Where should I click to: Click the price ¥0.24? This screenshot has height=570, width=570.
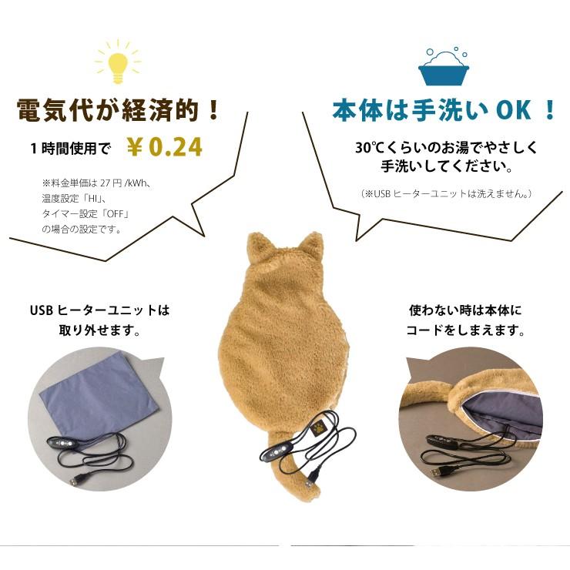tap(164, 146)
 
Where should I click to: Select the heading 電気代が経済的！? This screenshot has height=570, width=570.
tap(118, 110)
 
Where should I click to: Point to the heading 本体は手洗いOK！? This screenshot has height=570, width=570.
tap(444, 110)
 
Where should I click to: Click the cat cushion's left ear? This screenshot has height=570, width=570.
tap(258, 246)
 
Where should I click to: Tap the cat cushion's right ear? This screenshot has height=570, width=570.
tap(312, 246)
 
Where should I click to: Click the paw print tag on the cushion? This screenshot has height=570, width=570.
tap(318, 430)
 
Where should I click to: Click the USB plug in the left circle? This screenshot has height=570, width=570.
tap(75, 481)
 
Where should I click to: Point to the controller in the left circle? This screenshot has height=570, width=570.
tap(62, 443)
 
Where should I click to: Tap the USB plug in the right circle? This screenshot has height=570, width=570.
tap(438, 473)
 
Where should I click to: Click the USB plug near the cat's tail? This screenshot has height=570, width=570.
tap(310, 481)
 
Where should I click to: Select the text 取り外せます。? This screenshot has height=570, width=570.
tap(99, 330)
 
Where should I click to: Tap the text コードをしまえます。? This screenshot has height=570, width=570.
tap(465, 330)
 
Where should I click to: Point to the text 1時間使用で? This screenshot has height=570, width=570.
tap(71, 149)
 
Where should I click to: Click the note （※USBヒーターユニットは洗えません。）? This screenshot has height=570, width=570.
tap(446, 193)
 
